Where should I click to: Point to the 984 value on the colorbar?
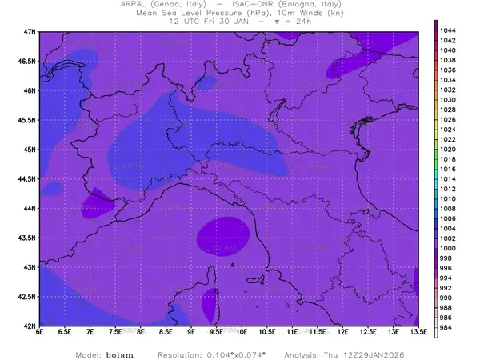pos(448,327)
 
